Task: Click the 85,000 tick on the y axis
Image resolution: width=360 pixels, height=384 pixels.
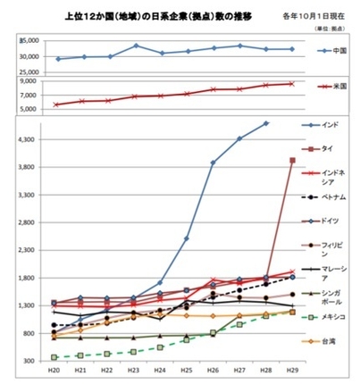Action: click(x=28, y=40)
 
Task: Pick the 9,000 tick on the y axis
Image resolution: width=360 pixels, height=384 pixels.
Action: click(x=29, y=81)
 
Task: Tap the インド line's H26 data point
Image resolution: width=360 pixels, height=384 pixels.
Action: click(x=213, y=163)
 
